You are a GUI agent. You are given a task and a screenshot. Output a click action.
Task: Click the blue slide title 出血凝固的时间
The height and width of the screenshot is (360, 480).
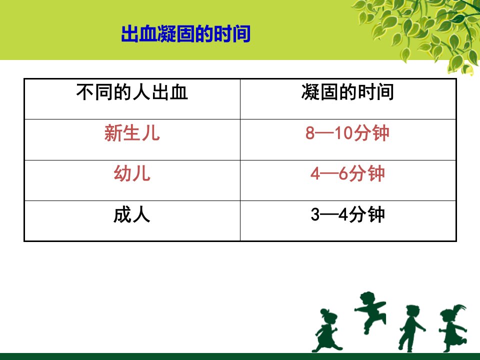(x=186, y=33)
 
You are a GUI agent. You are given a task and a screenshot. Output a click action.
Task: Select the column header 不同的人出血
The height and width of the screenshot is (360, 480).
(x=132, y=92)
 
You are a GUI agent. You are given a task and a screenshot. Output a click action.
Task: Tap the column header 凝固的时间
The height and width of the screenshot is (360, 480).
(x=347, y=92)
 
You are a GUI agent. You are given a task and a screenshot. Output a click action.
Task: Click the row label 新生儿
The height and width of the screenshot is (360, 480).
(x=132, y=133)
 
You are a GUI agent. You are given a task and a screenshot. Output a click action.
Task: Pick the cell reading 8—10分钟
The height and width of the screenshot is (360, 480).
(x=347, y=133)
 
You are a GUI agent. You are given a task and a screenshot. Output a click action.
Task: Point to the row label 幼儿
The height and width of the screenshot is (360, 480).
(x=132, y=173)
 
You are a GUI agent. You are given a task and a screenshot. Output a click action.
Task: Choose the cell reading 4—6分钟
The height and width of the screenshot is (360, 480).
(x=347, y=174)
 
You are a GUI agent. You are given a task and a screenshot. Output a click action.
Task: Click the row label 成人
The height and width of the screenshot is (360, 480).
(x=132, y=214)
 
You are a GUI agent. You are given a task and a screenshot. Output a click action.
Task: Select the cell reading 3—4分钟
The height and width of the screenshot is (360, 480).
(x=347, y=214)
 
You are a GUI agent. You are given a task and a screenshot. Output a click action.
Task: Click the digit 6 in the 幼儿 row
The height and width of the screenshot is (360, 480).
(x=343, y=174)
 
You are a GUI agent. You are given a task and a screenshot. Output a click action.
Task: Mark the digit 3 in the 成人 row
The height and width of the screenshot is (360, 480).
(x=315, y=215)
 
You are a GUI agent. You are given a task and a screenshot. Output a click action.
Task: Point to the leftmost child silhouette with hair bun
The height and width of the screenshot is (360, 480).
(x=326, y=330)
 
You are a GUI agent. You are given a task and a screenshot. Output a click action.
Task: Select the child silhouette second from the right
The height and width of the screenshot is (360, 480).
(x=411, y=328)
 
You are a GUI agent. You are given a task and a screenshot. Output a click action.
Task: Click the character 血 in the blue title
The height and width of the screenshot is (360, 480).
(x=148, y=33)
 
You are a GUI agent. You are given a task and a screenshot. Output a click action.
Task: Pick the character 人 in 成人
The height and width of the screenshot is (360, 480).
(x=141, y=214)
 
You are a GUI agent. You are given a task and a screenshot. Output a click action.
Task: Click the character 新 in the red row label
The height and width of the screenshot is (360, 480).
(x=113, y=133)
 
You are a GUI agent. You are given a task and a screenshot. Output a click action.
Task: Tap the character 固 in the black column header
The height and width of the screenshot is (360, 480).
(x=329, y=92)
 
